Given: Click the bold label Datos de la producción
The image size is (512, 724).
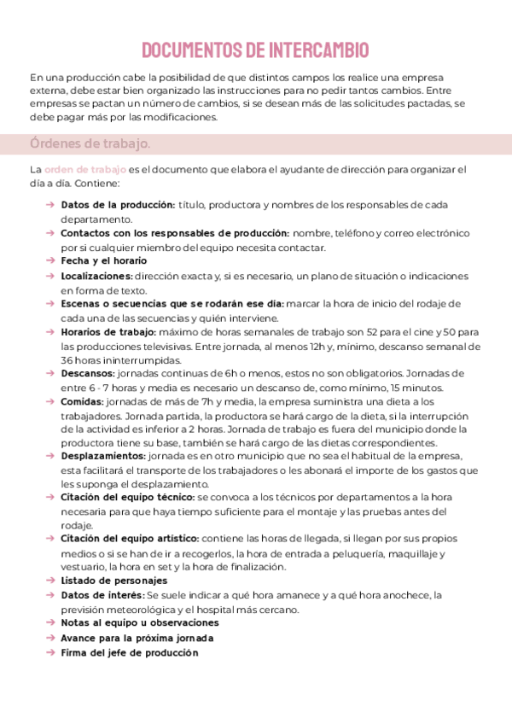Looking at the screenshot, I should [x=118, y=205].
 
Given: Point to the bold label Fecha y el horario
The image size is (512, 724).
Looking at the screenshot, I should [x=104, y=260].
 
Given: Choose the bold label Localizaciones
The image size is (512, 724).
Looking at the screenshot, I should [x=96, y=276].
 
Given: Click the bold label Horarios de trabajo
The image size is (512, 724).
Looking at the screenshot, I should [x=108, y=331].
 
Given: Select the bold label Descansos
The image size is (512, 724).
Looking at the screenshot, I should [x=88, y=373].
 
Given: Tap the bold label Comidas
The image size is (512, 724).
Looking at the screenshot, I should [x=84, y=401].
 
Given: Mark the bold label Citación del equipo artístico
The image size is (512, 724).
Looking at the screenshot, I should [x=130, y=539].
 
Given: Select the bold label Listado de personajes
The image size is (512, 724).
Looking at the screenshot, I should [x=113, y=581].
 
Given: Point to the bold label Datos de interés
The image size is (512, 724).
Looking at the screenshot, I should [x=102, y=595].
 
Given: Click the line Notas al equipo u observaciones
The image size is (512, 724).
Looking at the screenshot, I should [x=128, y=623].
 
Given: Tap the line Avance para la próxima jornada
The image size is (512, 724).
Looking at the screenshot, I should [x=125, y=638].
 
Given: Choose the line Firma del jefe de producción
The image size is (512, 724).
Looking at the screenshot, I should [x=129, y=652].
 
